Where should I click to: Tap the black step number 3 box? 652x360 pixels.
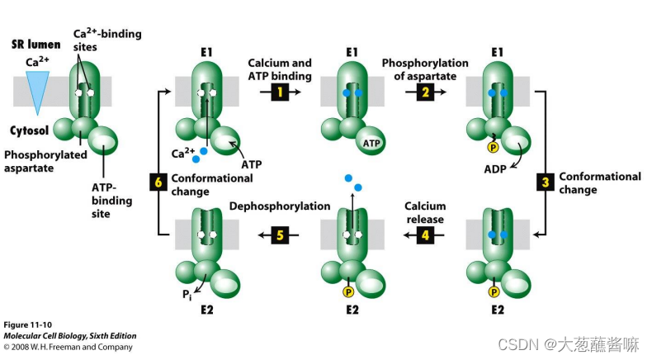[546, 182]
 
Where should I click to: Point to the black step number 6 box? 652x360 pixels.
[158, 182]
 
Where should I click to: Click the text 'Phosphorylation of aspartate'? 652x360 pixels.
[424, 69]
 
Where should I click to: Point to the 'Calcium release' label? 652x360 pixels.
[425, 213]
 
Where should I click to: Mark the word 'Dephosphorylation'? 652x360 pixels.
[274, 206]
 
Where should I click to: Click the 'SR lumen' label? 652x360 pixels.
[35, 44]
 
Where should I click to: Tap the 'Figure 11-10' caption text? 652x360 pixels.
[27, 324]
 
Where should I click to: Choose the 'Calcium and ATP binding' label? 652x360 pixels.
[280, 69]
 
